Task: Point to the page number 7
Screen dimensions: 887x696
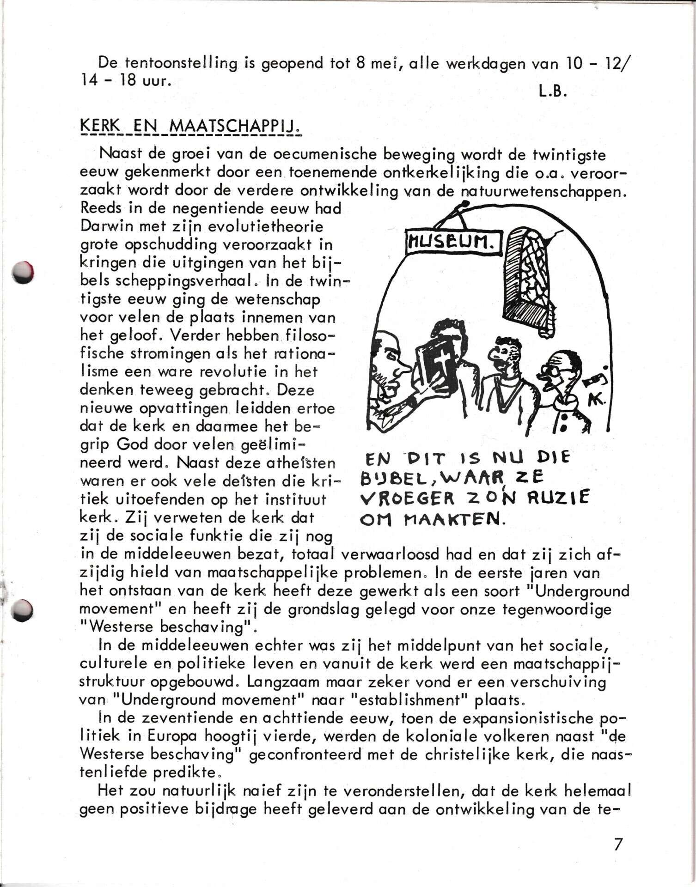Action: click(618, 844)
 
